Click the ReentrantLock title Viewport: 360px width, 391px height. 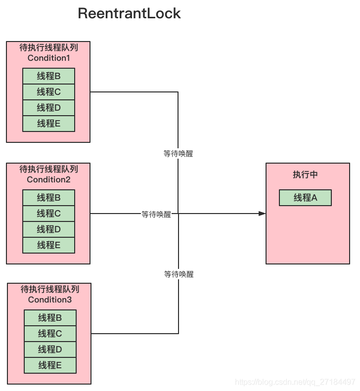point(129,13)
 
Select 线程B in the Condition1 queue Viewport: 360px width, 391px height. point(48,76)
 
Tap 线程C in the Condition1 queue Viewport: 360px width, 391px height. point(48,92)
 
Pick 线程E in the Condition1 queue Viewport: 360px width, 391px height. point(48,124)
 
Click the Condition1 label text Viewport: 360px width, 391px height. point(48,58)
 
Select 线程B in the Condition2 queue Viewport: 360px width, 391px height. point(48,198)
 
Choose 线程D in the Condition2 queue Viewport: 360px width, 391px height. point(48,229)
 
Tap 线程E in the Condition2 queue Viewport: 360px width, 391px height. point(48,245)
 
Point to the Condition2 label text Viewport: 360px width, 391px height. point(48,179)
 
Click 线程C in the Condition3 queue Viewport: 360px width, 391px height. point(50,333)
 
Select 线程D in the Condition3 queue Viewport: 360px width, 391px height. point(50,349)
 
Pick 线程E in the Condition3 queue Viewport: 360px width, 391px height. point(50,365)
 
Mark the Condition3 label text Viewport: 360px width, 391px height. point(50,300)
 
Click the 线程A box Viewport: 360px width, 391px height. point(305,198)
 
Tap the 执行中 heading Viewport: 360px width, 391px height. point(305,174)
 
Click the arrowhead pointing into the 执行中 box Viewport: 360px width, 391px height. point(262,214)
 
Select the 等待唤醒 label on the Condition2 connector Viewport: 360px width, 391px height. point(156,214)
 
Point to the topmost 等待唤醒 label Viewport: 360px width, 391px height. point(178,153)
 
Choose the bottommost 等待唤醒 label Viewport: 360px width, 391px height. point(179,274)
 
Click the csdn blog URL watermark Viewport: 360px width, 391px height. point(295,382)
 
